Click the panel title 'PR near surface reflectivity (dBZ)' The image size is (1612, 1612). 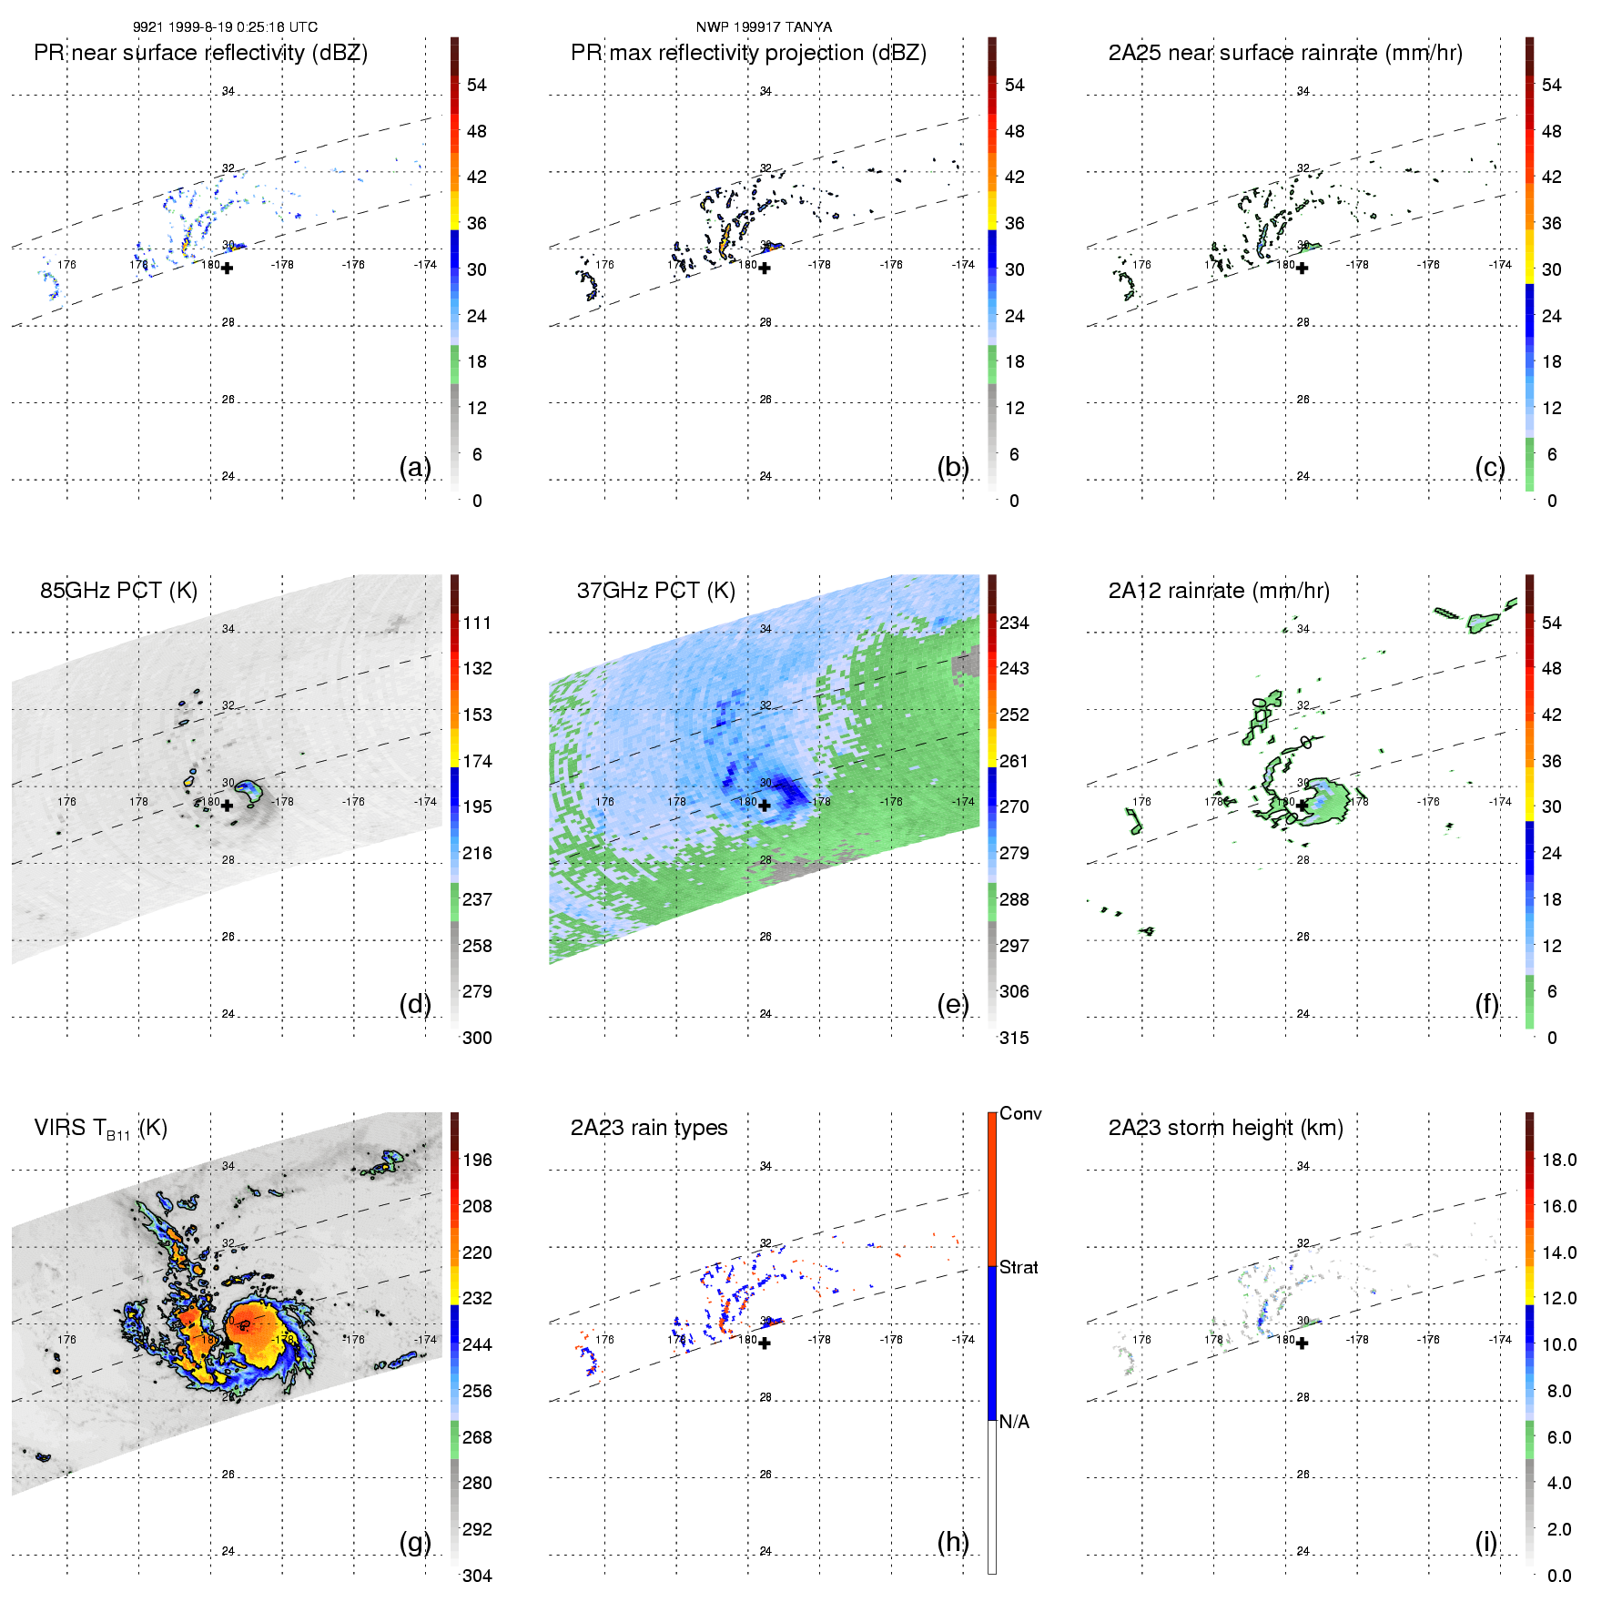(200, 53)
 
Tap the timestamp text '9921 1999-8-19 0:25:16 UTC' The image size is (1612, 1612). (225, 27)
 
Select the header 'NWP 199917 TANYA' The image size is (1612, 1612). (764, 27)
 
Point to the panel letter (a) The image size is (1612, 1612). (415, 467)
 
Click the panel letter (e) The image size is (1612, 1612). (953, 1004)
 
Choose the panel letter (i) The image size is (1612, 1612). (1485, 1542)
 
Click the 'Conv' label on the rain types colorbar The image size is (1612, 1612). (1020, 1113)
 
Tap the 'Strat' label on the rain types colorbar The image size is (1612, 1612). (1019, 1267)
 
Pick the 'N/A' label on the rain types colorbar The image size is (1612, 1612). (1014, 1422)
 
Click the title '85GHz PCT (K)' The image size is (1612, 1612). (118, 591)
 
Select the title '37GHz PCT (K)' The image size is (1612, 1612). (655, 591)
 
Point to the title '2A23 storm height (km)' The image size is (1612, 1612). (1225, 1128)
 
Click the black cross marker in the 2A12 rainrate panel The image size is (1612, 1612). (1303, 806)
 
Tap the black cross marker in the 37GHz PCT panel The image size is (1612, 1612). (765, 806)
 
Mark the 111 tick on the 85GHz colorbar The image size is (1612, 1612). (477, 623)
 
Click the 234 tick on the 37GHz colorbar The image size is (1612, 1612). (1014, 623)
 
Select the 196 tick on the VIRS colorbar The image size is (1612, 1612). (477, 1160)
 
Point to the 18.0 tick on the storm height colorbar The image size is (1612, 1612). (1558, 1160)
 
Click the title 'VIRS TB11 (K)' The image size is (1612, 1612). (101, 1129)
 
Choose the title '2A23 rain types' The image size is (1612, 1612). (649, 1128)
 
